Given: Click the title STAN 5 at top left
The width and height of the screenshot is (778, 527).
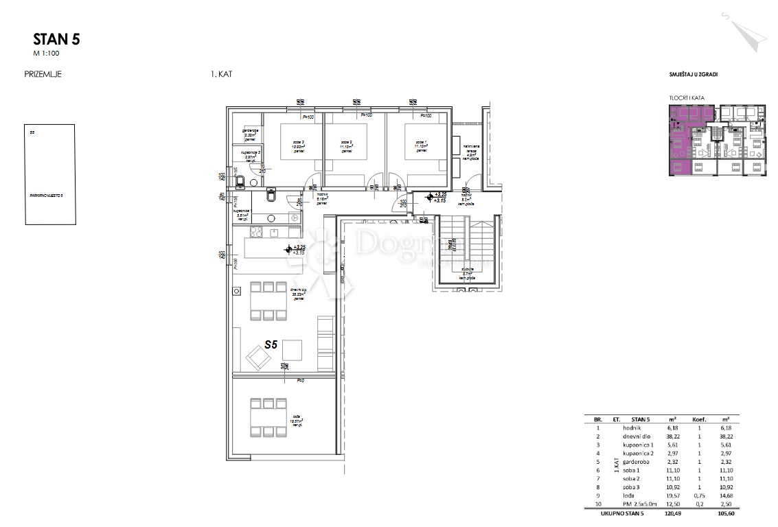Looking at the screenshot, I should [56, 39].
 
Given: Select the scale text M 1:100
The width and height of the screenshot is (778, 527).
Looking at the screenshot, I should [47, 53].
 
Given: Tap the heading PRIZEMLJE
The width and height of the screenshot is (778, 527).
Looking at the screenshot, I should [43, 75].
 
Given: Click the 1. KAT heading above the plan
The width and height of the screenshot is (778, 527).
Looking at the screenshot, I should [221, 75].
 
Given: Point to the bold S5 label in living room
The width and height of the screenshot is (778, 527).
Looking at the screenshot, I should [271, 346].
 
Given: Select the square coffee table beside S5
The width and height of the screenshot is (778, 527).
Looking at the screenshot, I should [291, 350].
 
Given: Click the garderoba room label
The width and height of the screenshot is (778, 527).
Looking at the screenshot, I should [249, 133].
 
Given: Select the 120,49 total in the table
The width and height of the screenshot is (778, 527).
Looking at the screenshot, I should [673, 511].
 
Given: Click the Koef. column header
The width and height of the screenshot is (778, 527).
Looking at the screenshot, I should [699, 418].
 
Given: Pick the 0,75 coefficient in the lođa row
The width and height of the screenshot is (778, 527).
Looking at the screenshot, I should [699, 495].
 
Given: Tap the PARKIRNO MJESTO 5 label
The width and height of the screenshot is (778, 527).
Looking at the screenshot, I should [47, 196].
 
